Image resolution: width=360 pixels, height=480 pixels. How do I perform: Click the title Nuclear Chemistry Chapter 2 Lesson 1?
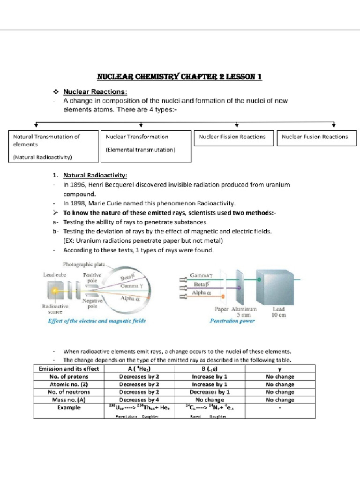179,77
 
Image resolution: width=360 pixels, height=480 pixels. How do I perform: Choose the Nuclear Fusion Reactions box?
315,137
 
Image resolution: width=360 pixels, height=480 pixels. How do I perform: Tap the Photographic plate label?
85,263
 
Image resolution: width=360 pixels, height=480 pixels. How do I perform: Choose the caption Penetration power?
232,322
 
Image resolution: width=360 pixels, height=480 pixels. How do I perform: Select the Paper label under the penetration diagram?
222,309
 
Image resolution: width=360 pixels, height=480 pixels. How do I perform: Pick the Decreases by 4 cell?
139,400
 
